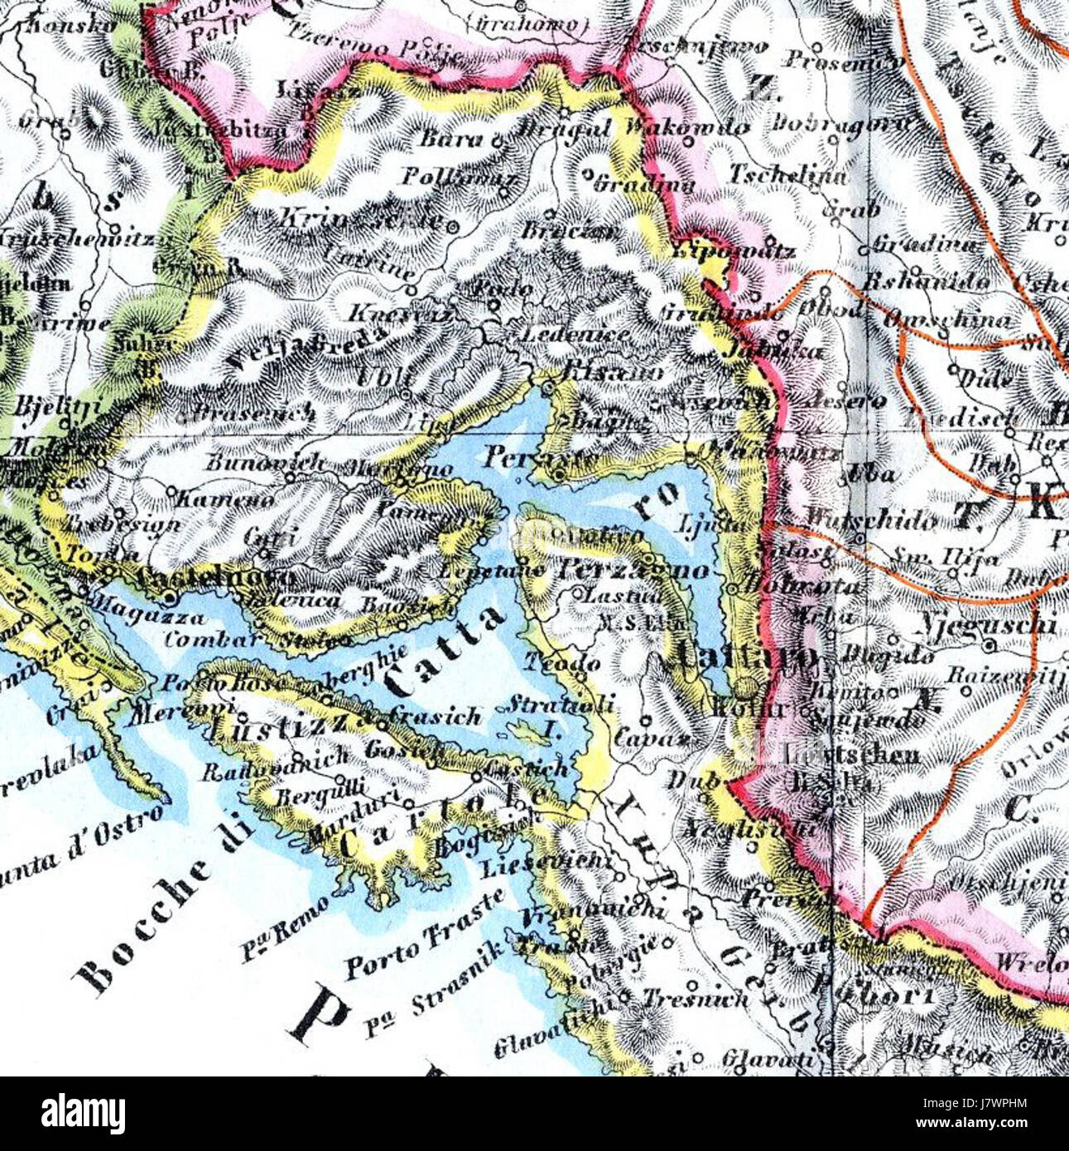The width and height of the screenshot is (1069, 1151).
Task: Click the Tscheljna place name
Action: pyautogui.click(x=789, y=176)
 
